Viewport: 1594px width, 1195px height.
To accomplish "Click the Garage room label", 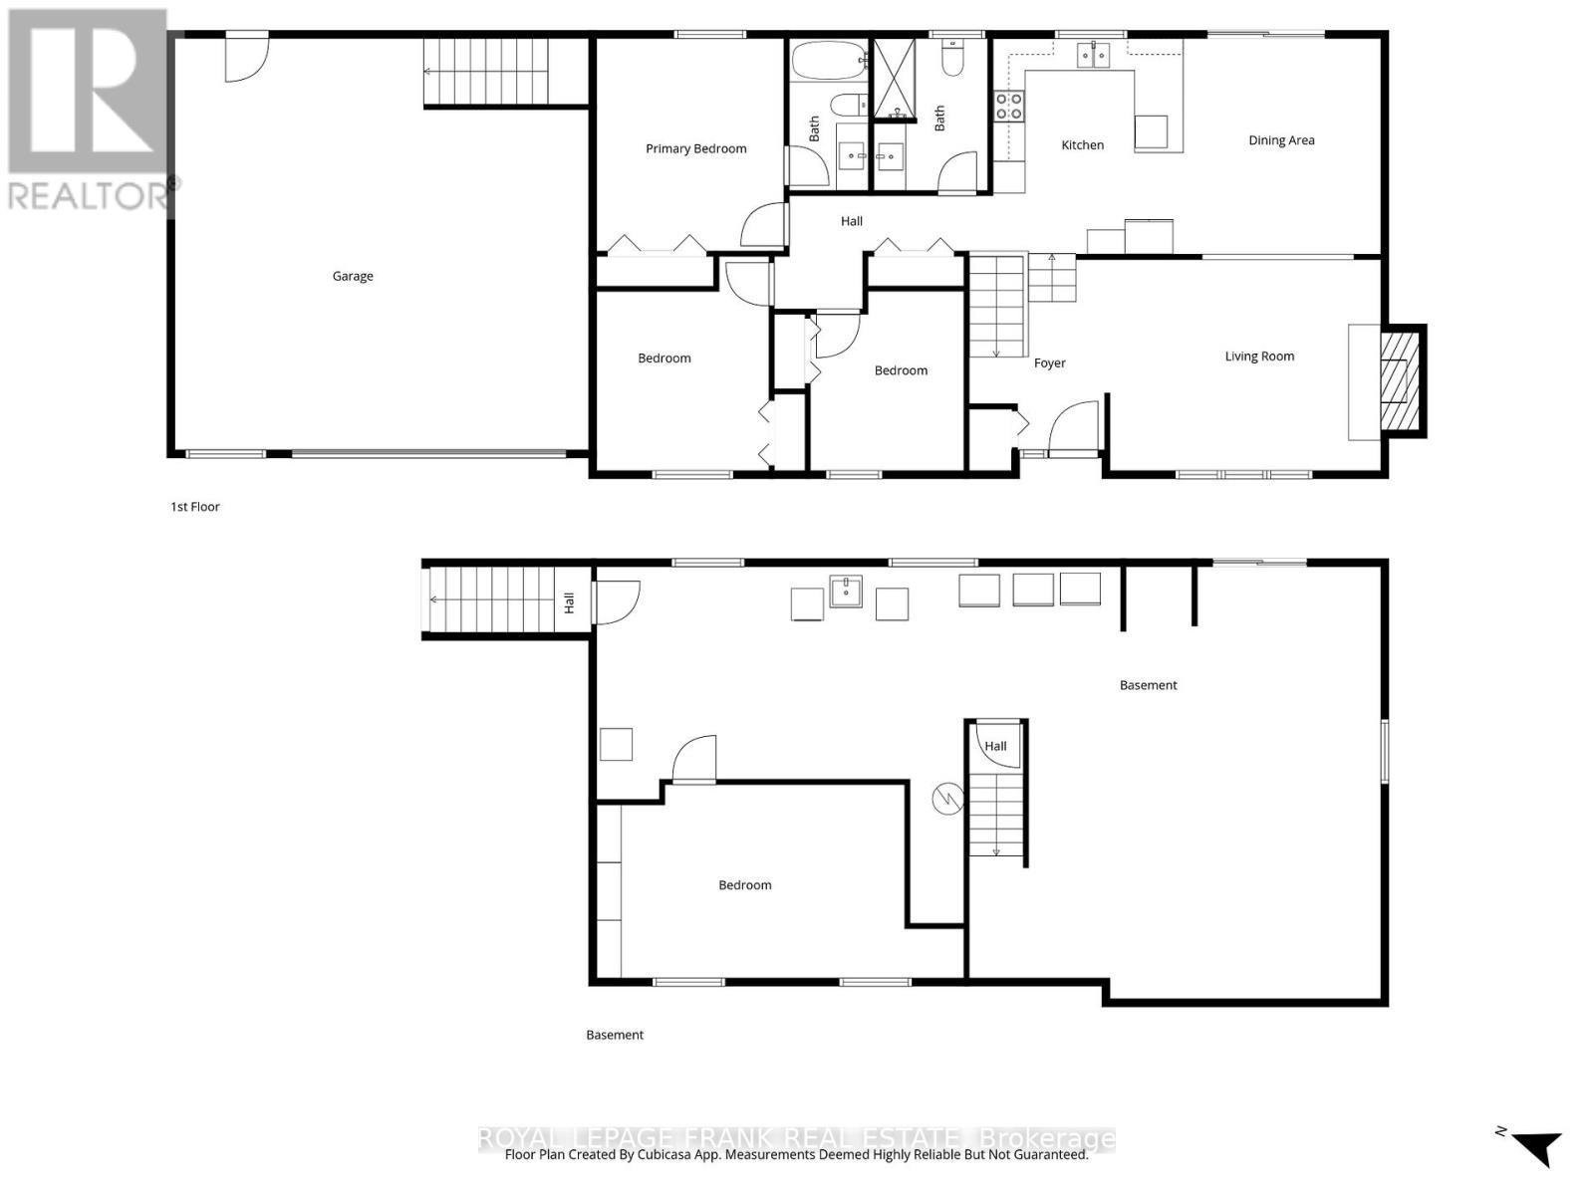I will pos(353,276).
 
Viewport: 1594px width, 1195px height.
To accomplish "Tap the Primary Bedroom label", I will pos(695,148).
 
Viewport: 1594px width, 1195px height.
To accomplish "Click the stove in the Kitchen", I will pos(1008,106).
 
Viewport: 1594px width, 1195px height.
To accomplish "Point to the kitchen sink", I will pos(1093,55).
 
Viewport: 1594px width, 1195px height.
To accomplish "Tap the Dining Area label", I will pos(1281,140).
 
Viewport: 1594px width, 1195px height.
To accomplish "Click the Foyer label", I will pos(1049,363).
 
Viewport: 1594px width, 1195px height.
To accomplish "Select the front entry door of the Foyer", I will pos(1074,428).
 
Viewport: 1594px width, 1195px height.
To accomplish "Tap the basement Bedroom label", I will pos(745,885).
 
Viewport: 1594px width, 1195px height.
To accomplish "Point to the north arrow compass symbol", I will pos(1534,1145).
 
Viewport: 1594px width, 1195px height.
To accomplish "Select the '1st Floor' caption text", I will pos(195,507).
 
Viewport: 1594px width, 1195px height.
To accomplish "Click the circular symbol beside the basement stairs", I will pos(947,798).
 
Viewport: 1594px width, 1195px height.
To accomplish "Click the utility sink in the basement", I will pos(846,591).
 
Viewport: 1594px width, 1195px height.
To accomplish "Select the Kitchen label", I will pos(1082,145).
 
